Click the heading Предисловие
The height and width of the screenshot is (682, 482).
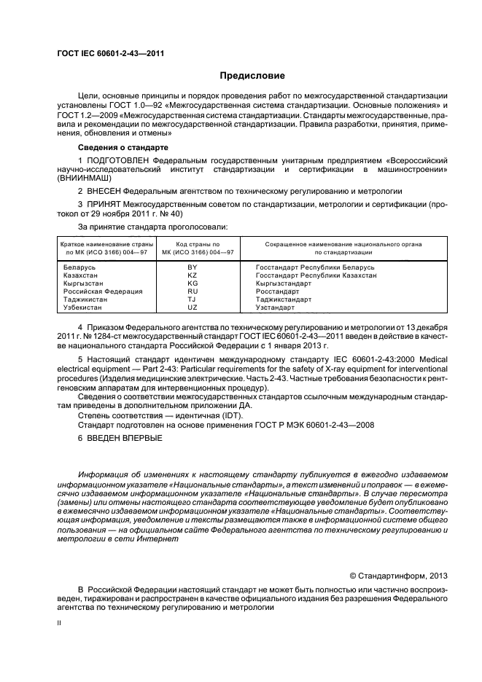coord(253,75)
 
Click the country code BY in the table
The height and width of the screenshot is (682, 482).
coord(193,267)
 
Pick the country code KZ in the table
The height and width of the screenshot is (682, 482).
coord(193,275)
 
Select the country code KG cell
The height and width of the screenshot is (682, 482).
coord(193,283)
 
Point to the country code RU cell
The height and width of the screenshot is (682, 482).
coord(193,291)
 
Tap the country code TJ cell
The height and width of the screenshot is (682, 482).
coord(193,299)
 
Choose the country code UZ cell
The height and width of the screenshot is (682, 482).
coord(193,307)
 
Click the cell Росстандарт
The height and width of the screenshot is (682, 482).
coord(278,291)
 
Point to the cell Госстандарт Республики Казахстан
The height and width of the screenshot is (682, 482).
coord(316,275)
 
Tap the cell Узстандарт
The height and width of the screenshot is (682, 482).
coord(276,307)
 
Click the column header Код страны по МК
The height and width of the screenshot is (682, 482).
coord(193,248)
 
